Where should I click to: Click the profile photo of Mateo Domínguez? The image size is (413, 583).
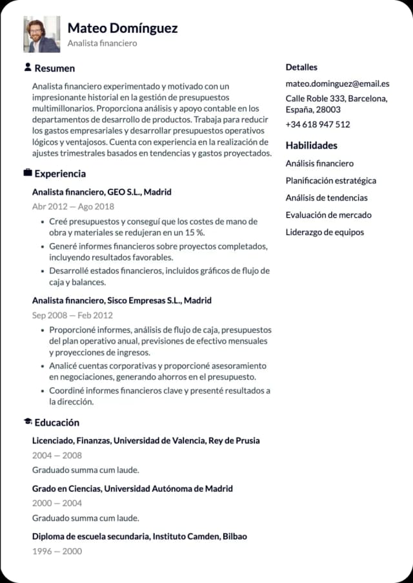click(x=42, y=34)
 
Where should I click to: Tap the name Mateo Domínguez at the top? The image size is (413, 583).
click(x=122, y=28)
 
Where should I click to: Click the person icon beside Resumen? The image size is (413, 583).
click(x=28, y=67)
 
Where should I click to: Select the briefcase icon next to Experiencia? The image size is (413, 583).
click(x=28, y=173)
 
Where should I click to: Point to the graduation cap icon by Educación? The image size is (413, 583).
click(x=28, y=422)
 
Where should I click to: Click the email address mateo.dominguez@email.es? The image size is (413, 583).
click(x=337, y=83)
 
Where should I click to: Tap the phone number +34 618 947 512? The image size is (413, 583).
click(x=317, y=124)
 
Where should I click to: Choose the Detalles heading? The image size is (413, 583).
click(x=301, y=67)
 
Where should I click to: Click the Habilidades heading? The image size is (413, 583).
click(x=312, y=145)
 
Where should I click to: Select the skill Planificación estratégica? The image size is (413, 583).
click(x=330, y=180)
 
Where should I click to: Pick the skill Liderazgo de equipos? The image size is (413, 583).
click(x=325, y=232)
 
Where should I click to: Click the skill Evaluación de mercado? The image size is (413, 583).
click(x=328, y=215)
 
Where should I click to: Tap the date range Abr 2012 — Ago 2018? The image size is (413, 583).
click(x=73, y=206)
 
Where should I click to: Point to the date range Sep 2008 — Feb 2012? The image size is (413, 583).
click(x=72, y=315)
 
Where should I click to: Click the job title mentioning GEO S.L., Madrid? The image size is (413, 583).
click(x=102, y=192)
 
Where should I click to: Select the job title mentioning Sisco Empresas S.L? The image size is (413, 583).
click(x=122, y=301)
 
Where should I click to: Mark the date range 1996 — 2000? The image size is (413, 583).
click(x=57, y=551)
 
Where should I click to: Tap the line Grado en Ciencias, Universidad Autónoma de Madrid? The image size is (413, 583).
click(x=132, y=489)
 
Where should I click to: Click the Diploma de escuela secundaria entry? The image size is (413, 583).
click(x=139, y=536)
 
